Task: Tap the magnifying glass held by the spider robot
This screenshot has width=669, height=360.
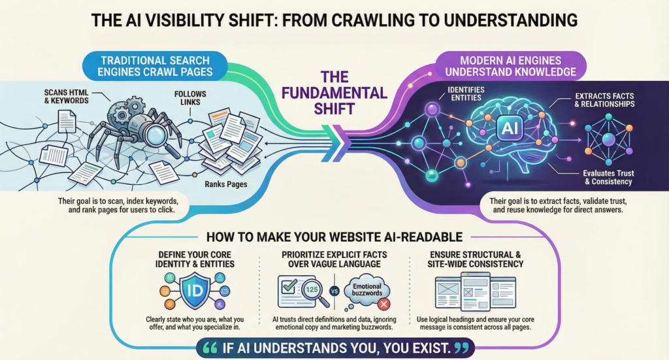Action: (x=156, y=135)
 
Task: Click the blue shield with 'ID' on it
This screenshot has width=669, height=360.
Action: (x=195, y=291)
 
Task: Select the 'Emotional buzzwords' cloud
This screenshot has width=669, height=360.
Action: (x=367, y=289)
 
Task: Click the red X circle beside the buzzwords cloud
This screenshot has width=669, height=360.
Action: (x=383, y=304)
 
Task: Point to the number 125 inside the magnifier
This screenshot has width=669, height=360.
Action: (x=312, y=289)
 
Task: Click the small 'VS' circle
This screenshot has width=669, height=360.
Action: (x=334, y=292)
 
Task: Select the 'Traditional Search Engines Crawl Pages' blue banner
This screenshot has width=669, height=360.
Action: (x=155, y=66)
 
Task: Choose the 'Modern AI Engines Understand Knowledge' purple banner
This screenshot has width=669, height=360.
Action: (x=511, y=66)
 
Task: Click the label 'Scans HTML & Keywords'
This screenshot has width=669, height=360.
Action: (x=67, y=97)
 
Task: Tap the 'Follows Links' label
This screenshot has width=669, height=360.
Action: (x=190, y=98)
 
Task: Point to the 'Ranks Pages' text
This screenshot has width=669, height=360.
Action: (x=225, y=184)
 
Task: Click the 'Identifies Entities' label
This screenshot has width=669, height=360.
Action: (x=466, y=94)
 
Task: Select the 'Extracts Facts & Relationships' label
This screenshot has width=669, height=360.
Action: (x=604, y=100)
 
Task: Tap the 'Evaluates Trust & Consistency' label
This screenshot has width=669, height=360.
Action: (x=608, y=178)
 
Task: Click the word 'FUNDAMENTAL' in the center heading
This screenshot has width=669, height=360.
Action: (x=334, y=93)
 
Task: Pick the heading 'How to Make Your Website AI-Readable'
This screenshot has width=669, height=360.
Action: (x=334, y=237)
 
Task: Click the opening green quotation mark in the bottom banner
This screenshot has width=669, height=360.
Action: (x=210, y=348)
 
